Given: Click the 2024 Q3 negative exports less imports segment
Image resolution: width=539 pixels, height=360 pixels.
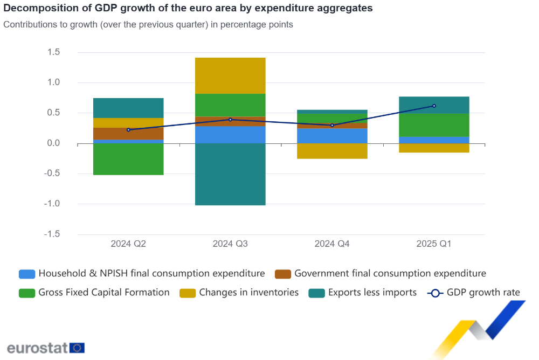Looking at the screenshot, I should [x=230, y=174].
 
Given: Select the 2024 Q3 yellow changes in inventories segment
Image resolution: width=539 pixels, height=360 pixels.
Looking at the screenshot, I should [x=230, y=75].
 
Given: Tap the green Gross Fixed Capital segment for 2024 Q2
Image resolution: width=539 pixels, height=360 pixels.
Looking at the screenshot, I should [x=128, y=159].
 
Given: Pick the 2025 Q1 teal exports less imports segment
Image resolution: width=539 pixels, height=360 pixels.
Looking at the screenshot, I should [x=434, y=105].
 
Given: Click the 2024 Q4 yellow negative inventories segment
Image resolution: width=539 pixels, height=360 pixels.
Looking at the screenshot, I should [x=332, y=151].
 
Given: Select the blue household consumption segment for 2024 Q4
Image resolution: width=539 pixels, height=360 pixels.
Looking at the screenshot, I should [x=332, y=136].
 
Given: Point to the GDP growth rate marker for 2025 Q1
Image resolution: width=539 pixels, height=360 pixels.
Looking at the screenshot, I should [x=434, y=106].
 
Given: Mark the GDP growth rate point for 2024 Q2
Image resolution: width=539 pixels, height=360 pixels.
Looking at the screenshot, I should [x=128, y=130].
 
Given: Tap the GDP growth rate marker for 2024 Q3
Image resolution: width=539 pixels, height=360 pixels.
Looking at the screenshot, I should [x=230, y=120].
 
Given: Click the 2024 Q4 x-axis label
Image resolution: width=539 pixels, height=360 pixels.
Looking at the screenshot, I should [x=332, y=244].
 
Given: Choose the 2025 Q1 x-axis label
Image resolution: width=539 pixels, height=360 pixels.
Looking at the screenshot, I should [x=434, y=244].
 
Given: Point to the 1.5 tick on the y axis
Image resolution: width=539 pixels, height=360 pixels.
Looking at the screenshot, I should [x=53, y=52].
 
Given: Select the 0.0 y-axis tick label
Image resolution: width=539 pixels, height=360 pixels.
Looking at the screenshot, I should [x=53, y=143].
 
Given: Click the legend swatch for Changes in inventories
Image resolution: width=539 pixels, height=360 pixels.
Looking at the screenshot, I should [x=188, y=293].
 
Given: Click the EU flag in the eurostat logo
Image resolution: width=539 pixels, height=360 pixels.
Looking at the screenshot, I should [x=77, y=348].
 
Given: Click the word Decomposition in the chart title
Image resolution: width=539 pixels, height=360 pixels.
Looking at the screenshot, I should [x=36, y=9].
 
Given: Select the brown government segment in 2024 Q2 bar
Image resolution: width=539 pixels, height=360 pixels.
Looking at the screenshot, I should [x=128, y=134].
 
